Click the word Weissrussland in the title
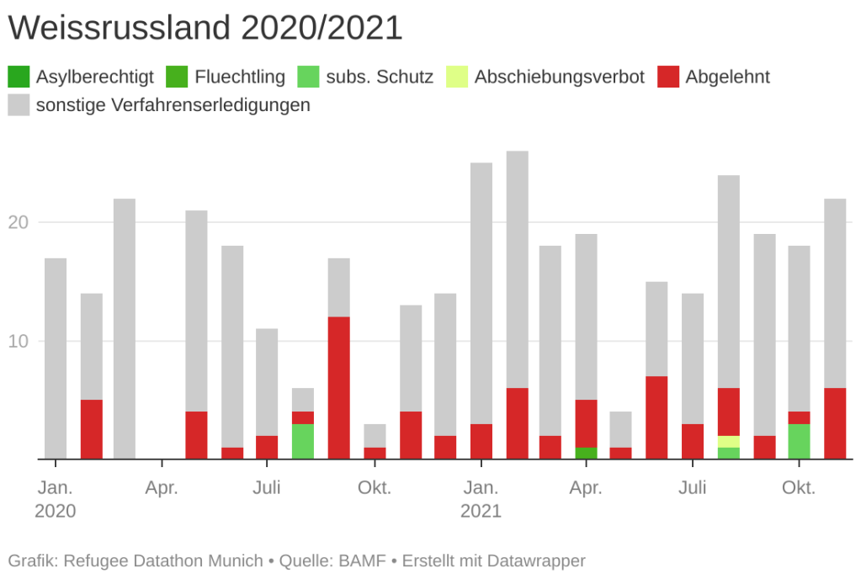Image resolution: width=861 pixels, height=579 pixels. coord(120,28)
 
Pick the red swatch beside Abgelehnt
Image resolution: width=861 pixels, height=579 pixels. coord(669,77)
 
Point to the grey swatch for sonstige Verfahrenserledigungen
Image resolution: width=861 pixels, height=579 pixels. coord(19,105)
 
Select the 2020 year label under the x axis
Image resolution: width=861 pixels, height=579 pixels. coord(56,511)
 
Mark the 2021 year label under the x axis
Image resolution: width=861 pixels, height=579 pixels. coord(481,511)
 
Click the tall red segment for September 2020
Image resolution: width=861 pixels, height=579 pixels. coord(338,387)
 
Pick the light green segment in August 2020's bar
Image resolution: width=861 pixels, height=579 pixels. coord(303,441)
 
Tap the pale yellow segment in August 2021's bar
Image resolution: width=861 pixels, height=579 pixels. coord(728,441)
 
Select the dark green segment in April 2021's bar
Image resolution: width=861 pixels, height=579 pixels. coord(587,453)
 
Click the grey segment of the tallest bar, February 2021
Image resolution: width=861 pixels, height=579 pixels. coord(517,269)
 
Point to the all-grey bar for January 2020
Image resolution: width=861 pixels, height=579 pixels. coord(56,358)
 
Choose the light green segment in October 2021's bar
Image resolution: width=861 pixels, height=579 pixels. coord(799,441)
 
